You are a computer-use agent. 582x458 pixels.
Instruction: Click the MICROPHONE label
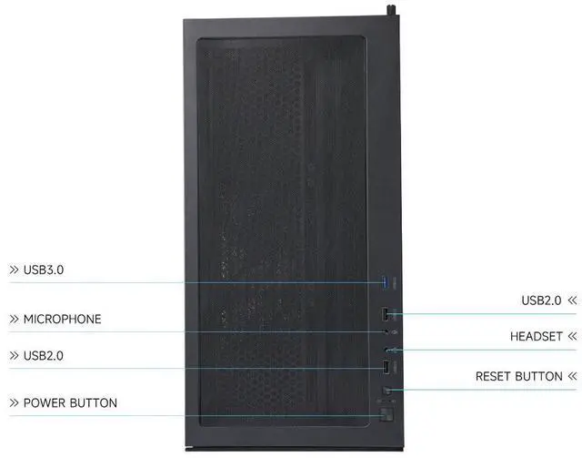[62, 320]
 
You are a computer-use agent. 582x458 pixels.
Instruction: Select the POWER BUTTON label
[70, 402]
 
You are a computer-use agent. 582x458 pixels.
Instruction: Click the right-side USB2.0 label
[542, 300]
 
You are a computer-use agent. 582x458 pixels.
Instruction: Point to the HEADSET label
[537, 337]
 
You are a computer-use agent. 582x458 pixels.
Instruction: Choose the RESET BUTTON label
[519, 376]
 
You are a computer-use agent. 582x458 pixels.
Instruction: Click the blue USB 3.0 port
[386, 281]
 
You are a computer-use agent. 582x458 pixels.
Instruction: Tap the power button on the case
[386, 416]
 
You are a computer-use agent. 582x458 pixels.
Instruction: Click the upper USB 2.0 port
[386, 315]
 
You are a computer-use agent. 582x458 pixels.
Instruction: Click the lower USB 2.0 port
[386, 368]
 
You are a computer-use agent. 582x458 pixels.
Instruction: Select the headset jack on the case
[388, 351]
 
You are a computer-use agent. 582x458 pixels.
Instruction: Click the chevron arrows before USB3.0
[14, 270]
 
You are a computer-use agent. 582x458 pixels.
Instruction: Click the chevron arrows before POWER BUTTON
[14, 402]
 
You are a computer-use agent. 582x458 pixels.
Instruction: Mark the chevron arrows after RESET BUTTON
[572, 376]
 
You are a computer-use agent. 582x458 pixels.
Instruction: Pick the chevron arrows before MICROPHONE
[14, 320]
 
